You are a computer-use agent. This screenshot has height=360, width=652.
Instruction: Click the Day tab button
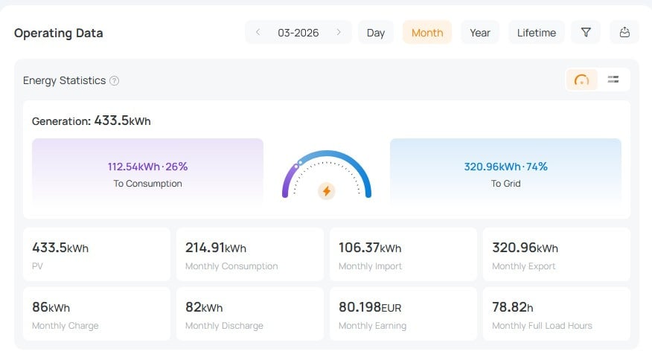(376, 33)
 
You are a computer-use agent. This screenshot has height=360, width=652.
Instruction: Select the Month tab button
(427, 33)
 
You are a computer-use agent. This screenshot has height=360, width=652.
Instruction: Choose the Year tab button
(480, 33)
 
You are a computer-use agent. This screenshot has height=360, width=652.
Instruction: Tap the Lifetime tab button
(537, 33)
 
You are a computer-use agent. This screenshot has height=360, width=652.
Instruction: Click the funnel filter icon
(586, 32)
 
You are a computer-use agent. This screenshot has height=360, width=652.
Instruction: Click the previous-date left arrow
(258, 32)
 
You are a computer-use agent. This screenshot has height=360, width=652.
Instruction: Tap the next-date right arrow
(339, 32)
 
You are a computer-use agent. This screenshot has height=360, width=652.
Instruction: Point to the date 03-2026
(298, 33)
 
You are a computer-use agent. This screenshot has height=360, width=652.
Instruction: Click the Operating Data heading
(59, 33)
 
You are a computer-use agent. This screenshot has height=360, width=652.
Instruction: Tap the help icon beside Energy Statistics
(114, 80)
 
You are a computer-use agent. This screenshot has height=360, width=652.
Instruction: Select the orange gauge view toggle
(582, 80)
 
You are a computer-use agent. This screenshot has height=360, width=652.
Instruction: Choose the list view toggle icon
(613, 80)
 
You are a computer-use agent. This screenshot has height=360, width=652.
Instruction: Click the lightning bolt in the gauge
(326, 191)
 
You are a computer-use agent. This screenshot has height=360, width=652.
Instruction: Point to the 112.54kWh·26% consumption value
(147, 167)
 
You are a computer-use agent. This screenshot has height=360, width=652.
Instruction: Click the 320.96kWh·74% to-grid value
(505, 167)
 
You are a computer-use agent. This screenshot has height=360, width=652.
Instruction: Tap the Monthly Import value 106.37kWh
(370, 248)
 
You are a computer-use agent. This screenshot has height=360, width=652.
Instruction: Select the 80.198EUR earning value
(372, 306)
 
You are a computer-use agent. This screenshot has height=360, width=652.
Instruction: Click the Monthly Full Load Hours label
(542, 326)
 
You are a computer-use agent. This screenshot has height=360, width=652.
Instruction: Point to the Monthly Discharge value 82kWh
(204, 306)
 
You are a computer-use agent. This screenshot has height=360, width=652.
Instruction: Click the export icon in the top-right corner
(624, 32)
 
